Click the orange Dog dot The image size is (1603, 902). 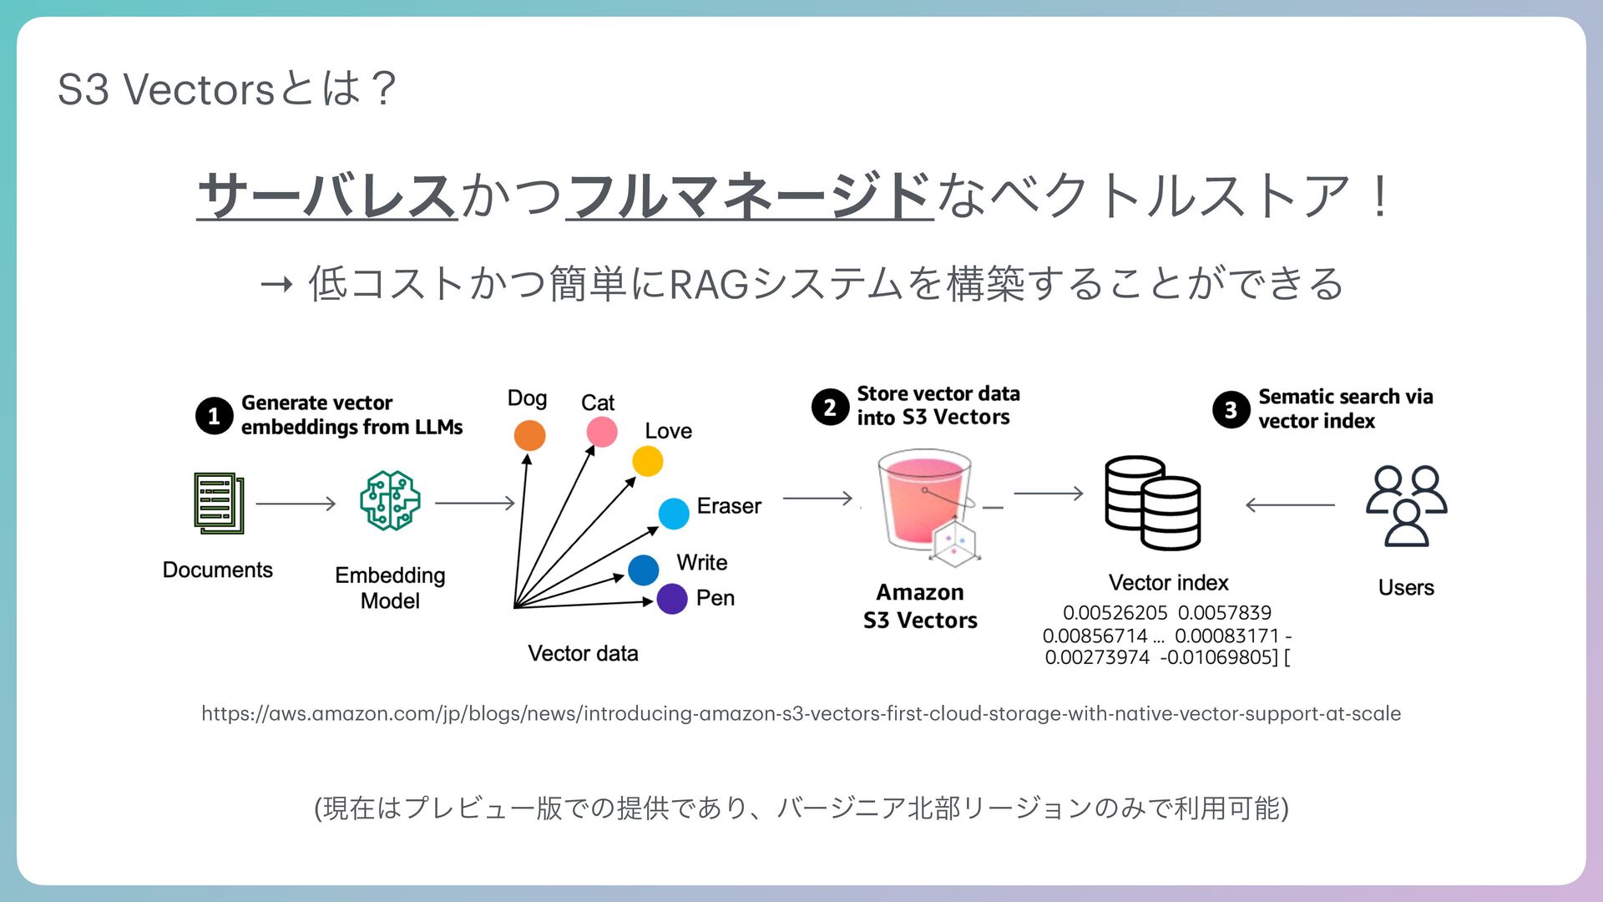529,435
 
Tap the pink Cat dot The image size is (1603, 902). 601,432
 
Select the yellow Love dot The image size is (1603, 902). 647,461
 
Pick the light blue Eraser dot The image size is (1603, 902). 673,513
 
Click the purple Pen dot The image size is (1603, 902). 671,599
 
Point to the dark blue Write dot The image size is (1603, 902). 643,570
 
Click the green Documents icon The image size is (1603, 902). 219,503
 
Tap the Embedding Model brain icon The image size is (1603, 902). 390,500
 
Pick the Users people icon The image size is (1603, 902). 1406,505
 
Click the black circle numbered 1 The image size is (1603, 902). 214,415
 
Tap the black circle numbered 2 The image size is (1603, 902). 830,407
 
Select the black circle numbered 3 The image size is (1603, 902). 1231,409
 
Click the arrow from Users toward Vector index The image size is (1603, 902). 1289,504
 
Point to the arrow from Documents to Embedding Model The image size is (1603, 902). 296,504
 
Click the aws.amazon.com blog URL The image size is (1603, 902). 801,713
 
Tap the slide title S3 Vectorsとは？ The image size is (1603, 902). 226,89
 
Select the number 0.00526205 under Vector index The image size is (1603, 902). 1115,612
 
